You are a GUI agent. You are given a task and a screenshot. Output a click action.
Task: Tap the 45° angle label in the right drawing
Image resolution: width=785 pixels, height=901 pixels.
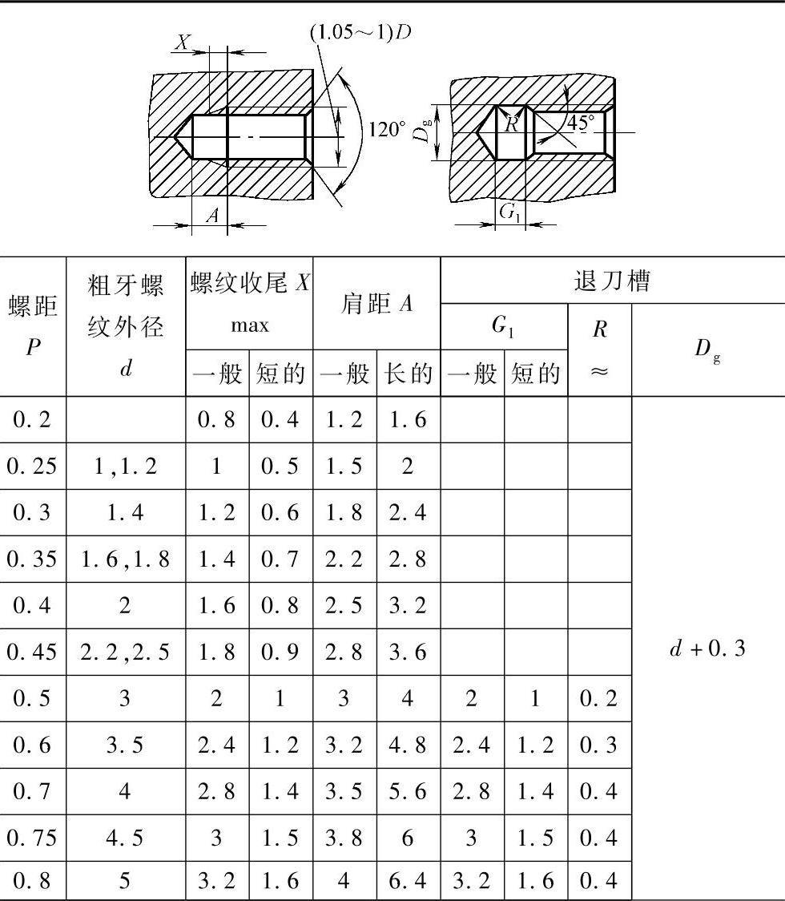click(x=582, y=123)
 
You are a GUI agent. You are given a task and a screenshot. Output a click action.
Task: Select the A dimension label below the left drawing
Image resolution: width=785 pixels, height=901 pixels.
click(x=211, y=215)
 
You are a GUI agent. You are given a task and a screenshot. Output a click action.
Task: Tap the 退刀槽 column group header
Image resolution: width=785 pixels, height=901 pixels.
click(x=612, y=281)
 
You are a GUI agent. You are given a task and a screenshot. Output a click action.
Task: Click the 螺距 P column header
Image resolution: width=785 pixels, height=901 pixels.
click(x=33, y=326)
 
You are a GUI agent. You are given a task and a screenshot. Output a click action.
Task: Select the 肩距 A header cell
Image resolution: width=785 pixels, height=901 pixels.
click(x=376, y=304)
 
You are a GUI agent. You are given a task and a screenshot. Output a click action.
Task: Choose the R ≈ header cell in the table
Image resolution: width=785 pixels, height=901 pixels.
click(x=599, y=349)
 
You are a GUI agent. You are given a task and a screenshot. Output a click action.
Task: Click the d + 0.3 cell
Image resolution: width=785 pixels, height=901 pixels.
click(x=707, y=648)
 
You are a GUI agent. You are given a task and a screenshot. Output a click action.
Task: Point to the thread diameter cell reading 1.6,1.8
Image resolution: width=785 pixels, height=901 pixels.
click(x=125, y=559)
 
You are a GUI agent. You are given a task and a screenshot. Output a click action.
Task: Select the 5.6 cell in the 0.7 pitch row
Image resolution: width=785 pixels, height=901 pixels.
click(x=409, y=790)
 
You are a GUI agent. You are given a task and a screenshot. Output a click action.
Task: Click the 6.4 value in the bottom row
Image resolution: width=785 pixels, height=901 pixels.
click(x=409, y=882)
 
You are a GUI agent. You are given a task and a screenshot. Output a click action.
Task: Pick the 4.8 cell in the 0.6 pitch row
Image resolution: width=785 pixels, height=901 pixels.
click(x=409, y=745)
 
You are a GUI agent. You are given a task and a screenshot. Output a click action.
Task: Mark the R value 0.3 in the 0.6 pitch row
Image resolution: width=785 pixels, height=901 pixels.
click(x=599, y=745)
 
